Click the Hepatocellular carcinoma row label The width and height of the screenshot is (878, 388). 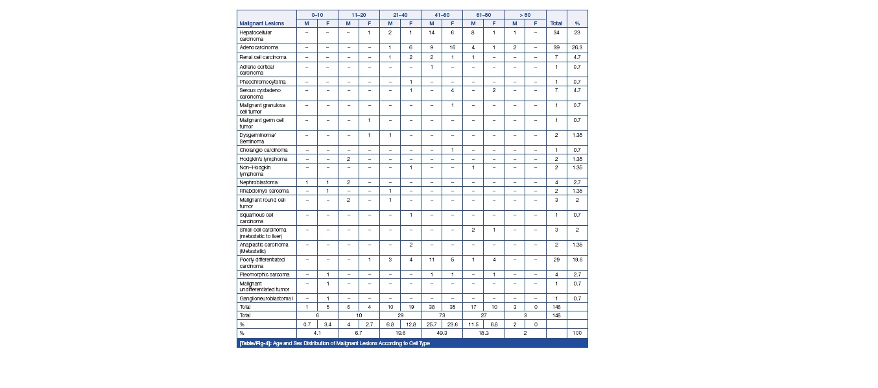256,35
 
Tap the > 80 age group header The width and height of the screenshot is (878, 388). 525,14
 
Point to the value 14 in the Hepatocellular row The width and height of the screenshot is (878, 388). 431,32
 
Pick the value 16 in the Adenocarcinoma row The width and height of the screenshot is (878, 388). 452,48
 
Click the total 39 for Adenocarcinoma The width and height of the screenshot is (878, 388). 556,48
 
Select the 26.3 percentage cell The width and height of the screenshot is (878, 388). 577,48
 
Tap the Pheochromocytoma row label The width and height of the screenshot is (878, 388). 263,82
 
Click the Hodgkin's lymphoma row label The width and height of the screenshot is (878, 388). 263,159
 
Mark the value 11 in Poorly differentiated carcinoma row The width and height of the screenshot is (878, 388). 431,260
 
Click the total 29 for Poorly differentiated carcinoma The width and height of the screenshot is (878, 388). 556,260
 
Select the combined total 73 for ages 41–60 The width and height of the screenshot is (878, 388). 442,315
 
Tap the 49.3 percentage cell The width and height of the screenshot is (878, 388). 442,333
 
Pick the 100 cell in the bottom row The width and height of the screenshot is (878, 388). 577,333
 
